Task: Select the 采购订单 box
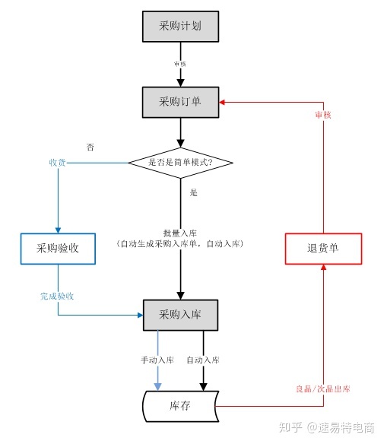pos(180,101)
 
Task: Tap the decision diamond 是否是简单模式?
pos(180,163)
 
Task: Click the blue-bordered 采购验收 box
pos(58,249)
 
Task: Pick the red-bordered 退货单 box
pos(323,249)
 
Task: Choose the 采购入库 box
pos(180,314)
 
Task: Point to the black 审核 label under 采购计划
pos(180,64)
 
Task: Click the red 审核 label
pos(323,115)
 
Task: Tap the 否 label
pos(90,147)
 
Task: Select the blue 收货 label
pos(58,163)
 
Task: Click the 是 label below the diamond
pos(193,192)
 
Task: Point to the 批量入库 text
pos(180,233)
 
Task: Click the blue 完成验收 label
pos(57,297)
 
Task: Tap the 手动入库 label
pos(158,360)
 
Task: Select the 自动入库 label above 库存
pos(202,360)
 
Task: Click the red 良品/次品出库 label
pos(323,388)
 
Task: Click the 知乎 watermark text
pos(293,428)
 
